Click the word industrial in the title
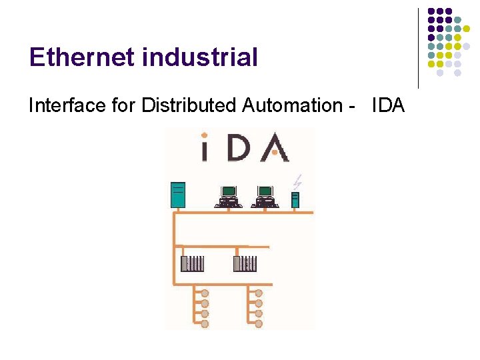pos(199,57)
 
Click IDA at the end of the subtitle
pos(388,105)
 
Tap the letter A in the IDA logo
pos(275,148)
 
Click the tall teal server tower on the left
pos(177,195)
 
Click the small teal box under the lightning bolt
pos(295,199)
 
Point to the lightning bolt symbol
pos(298,180)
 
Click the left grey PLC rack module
pos(193,263)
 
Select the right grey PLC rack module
pos(245,263)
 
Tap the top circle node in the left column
pos(205,293)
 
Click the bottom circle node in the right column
pos(259,323)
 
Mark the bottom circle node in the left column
pos(205,323)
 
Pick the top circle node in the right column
pos(259,293)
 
